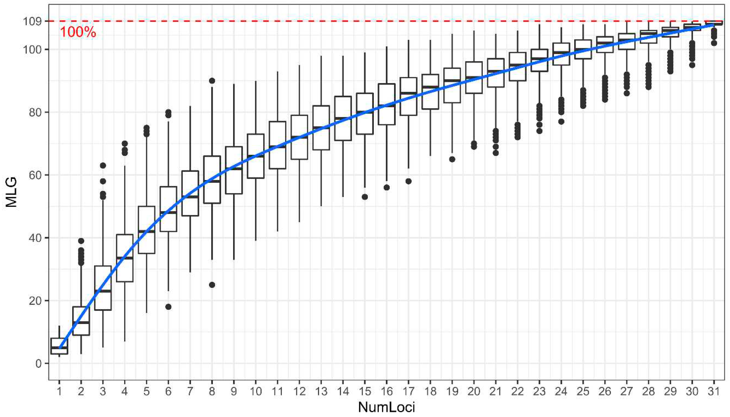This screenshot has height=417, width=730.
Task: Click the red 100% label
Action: click(78, 32)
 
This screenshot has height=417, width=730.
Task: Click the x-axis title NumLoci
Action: click(386, 407)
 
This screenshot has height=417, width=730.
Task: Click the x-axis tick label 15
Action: click(365, 391)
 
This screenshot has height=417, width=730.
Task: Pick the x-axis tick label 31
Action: click(714, 391)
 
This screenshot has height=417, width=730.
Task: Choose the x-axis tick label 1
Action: click(59, 391)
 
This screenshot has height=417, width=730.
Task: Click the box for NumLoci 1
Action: click(59, 346)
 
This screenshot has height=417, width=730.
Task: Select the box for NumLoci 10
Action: click(256, 156)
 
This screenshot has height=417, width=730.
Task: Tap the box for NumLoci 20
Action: click(474, 77)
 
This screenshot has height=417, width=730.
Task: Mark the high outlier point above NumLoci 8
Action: click(212, 81)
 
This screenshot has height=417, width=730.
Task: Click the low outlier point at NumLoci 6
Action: click(169, 307)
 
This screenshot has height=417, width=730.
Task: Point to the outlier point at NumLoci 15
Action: click(365, 197)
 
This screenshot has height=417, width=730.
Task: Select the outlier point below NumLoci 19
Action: click(452, 159)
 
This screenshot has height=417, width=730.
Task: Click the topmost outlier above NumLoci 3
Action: click(103, 165)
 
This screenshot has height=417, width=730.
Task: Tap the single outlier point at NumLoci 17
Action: click(409, 181)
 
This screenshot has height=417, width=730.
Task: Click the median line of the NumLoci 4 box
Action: click(125, 258)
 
